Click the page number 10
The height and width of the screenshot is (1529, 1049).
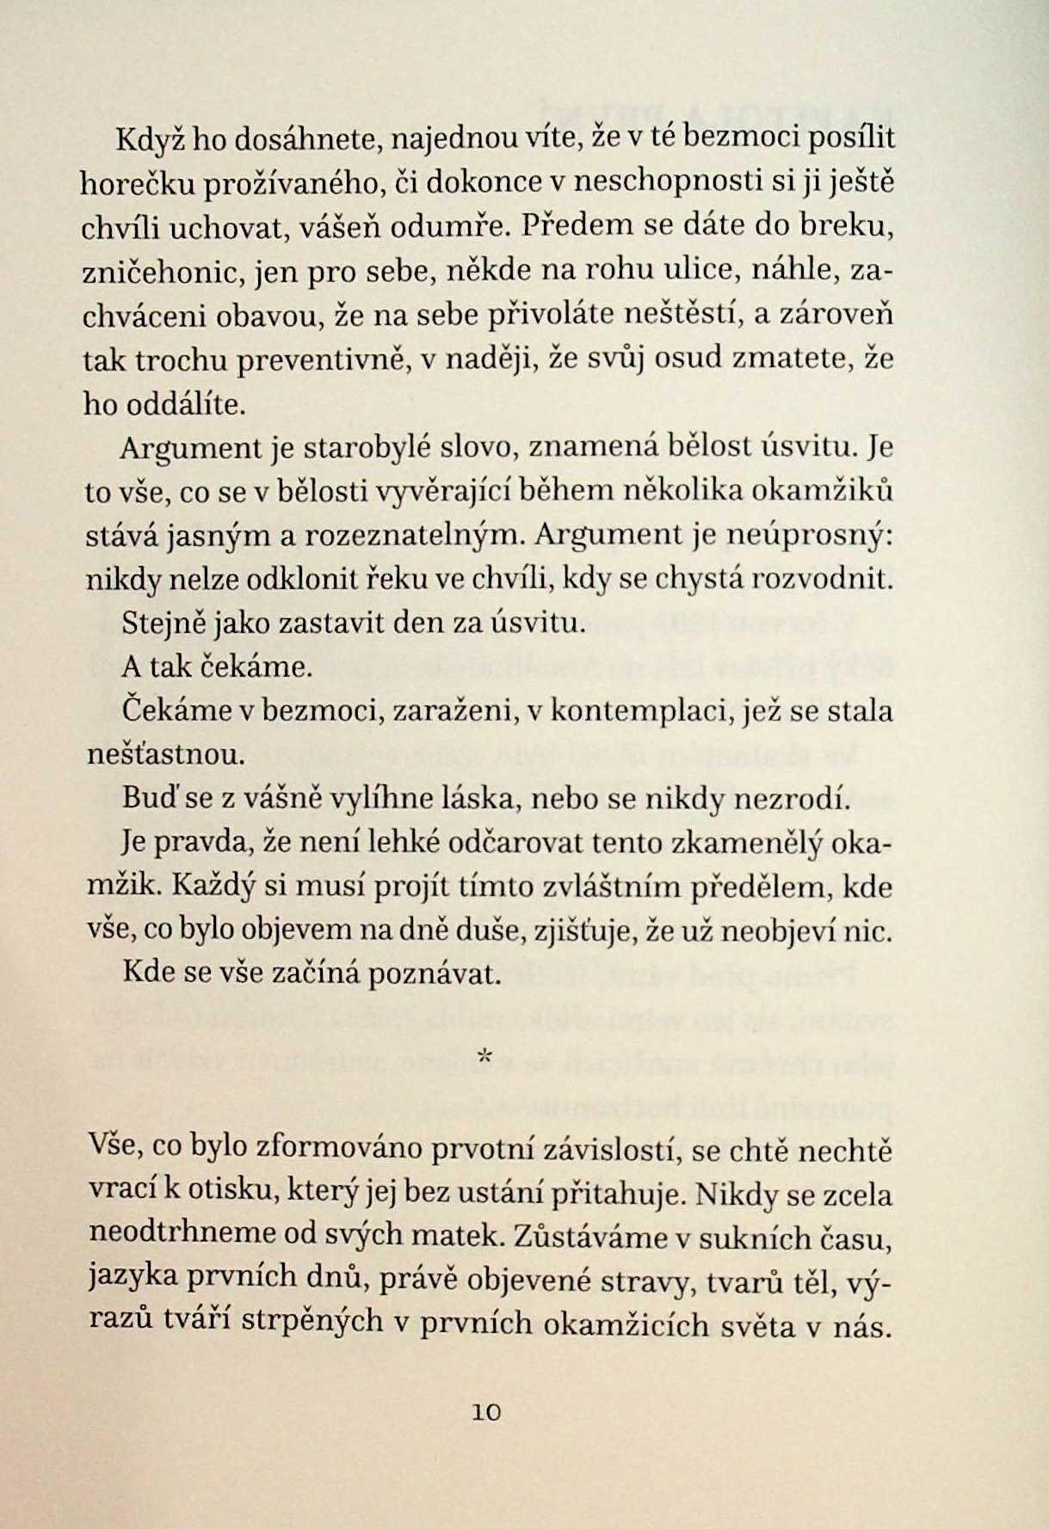(486, 1412)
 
